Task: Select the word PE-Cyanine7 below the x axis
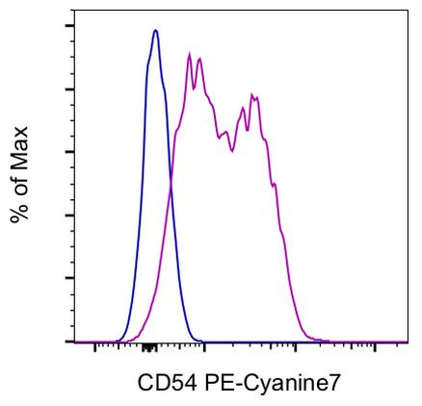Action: pos(270,382)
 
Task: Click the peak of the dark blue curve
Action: pos(155,30)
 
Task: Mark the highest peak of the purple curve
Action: pos(190,53)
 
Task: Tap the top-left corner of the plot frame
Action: pos(72,13)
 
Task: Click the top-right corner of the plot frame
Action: pos(408,13)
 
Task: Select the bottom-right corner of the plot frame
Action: pos(408,342)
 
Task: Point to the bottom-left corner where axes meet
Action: pos(72,342)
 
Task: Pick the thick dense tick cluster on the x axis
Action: pos(147,346)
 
